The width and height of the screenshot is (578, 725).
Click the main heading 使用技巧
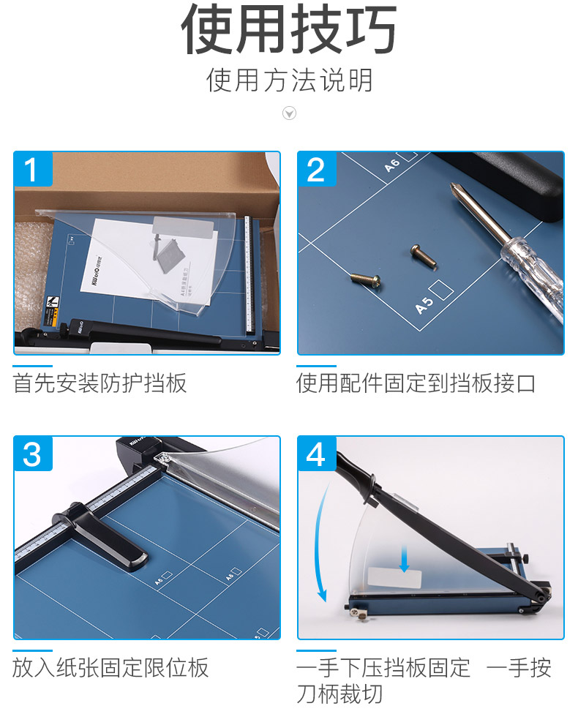[x=289, y=29]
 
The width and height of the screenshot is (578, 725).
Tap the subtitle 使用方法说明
[x=290, y=80]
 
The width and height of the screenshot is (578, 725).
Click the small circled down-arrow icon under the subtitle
[x=290, y=113]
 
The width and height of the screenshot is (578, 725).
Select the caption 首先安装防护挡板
[x=100, y=383]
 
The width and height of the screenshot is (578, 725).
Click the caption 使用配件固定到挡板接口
[x=416, y=383]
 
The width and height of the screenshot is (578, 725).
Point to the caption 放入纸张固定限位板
[x=110, y=668]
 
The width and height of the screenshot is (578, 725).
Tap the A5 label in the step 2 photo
[x=425, y=305]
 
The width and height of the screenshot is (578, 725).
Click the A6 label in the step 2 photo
[x=391, y=165]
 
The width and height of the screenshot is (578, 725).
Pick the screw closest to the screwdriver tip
[x=423, y=256]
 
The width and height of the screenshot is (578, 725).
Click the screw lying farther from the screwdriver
[x=366, y=279]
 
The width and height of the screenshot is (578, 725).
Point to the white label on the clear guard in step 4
[x=394, y=578]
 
